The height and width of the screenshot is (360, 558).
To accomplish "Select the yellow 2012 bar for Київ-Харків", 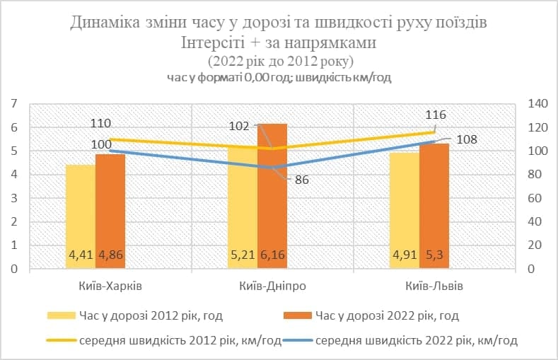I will (80, 212).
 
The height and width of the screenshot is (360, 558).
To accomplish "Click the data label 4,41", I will (80, 255).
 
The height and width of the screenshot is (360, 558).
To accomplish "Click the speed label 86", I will (302, 180).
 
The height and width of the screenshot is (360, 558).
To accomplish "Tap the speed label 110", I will (100, 123).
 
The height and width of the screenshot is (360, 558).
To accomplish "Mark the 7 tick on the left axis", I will (13, 104).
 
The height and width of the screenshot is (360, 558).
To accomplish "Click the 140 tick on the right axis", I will (537, 104).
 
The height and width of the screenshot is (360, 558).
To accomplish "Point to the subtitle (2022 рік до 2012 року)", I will (279, 61).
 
